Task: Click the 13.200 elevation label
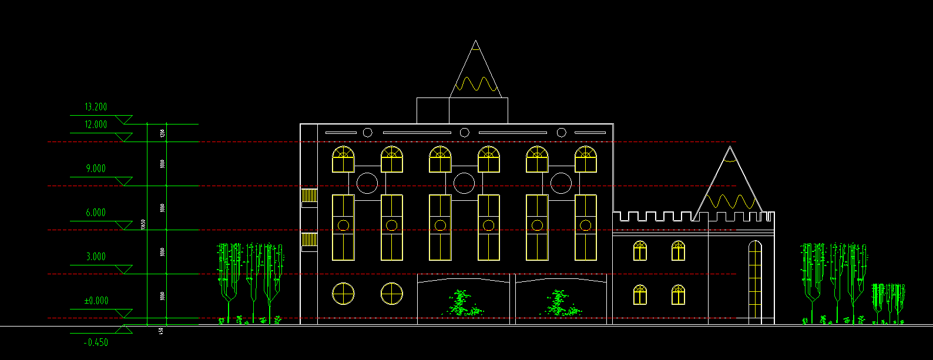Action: point(96,107)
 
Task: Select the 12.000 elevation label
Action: point(96,125)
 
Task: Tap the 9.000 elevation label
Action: point(96,169)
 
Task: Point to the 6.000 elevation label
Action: point(96,213)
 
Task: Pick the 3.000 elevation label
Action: point(96,257)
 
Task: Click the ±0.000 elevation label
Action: point(96,301)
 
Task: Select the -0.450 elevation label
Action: point(96,342)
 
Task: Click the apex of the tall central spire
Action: point(476,41)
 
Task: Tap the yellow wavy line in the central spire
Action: point(476,85)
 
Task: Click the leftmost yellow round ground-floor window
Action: point(343,294)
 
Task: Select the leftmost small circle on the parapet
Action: point(367,133)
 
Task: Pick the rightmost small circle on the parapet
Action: point(561,133)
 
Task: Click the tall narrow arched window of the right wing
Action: point(755,282)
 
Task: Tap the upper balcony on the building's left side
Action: point(309,197)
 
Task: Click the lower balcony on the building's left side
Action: point(309,241)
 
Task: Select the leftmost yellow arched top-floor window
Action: point(343,159)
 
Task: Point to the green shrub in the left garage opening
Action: point(462,303)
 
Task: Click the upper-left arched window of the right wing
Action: point(640,251)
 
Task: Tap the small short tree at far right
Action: point(887,301)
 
